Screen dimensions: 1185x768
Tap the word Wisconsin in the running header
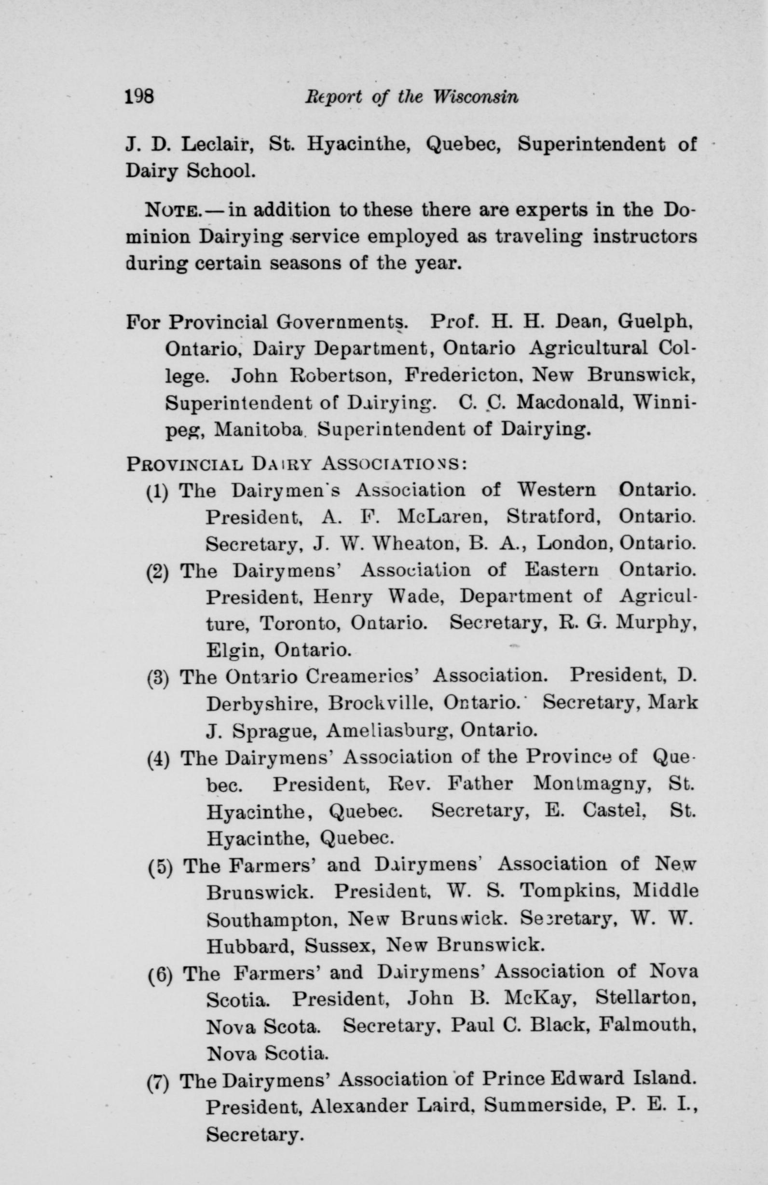[476, 96]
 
